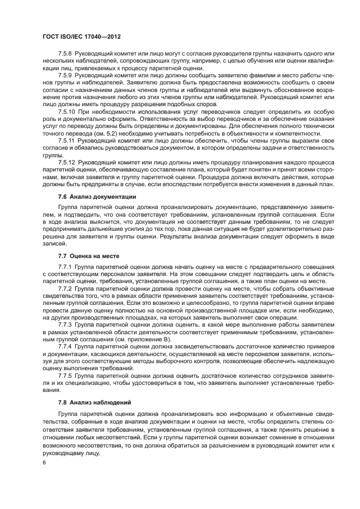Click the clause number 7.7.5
click(65, 376)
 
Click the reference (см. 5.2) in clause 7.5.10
click(115, 132)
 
